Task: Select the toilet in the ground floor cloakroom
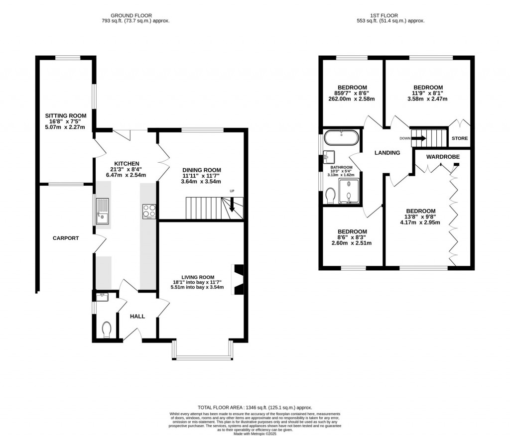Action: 106,329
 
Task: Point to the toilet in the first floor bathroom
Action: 330,196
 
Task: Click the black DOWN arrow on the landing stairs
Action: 419,138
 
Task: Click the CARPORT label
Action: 66,238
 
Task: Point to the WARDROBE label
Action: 442,157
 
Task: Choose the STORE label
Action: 459,138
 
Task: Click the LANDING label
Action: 387,153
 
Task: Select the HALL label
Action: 137,316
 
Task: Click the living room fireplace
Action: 238,280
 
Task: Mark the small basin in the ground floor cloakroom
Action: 103,297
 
